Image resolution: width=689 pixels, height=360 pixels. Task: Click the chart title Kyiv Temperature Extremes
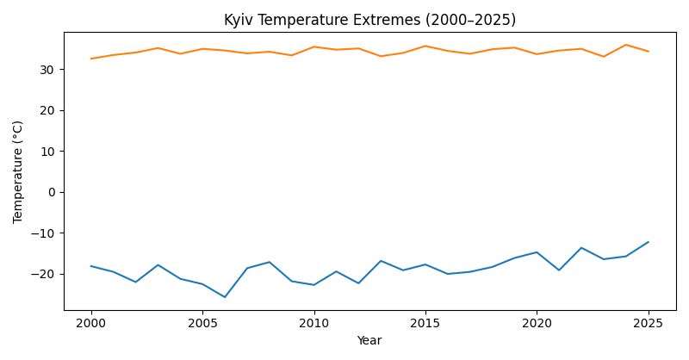coord(369,20)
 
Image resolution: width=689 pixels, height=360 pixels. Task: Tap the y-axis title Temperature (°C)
coord(18,171)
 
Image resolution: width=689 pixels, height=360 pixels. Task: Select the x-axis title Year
coord(369,341)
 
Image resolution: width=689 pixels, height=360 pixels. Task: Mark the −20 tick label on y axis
coord(47,274)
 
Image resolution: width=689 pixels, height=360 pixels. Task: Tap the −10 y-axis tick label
coord(47,233)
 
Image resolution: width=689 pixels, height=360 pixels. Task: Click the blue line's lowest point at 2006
coord(225,297)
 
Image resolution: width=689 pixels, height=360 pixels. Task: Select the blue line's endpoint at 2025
coord(648,242)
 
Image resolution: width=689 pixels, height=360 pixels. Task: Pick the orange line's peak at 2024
coord(626,45)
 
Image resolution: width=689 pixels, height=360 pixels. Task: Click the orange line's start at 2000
coord(91,59)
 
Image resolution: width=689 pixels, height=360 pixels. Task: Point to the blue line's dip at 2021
coord(559,270)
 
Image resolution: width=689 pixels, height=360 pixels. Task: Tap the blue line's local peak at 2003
coord(158,264)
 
